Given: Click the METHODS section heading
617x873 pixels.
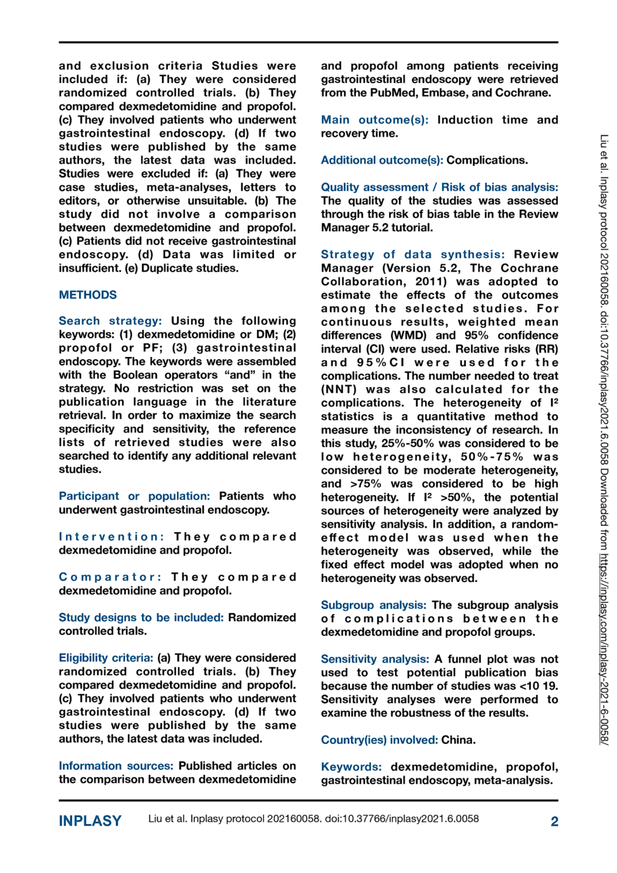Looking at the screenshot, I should pos(87,295).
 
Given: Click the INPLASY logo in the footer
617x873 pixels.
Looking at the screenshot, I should pos(90,821).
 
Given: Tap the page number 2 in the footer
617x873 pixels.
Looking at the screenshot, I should pos(554,821).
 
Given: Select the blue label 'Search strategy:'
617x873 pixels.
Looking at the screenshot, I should pos(110,321).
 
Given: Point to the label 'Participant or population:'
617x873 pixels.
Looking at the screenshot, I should pos(134,496).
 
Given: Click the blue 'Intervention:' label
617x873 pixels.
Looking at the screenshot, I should pos(111,537).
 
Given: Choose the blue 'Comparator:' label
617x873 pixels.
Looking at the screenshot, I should pos(110,577).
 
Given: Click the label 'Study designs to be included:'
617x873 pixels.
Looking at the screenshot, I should pos(141,618).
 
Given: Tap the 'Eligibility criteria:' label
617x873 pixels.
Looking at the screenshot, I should pos(106,658).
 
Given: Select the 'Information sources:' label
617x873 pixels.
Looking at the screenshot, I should pos(116,766).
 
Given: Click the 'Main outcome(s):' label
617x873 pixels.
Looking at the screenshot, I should pos(374,120).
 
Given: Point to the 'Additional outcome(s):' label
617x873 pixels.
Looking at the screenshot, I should pos(382,160).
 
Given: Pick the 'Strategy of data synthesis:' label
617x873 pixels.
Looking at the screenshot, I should pos(412,255).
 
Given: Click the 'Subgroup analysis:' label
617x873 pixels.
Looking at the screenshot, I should pos(373,605).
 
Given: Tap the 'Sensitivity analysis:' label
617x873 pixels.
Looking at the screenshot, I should pos(374,659).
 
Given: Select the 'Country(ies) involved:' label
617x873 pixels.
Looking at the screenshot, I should pos(379,740).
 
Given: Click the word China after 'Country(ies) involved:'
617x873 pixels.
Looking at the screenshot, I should pos(458,740).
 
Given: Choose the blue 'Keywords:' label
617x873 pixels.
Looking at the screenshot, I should pos(351,767).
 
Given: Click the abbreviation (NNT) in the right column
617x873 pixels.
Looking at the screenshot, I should pos(339,390).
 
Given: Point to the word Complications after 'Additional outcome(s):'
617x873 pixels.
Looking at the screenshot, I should pos(486,160).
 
